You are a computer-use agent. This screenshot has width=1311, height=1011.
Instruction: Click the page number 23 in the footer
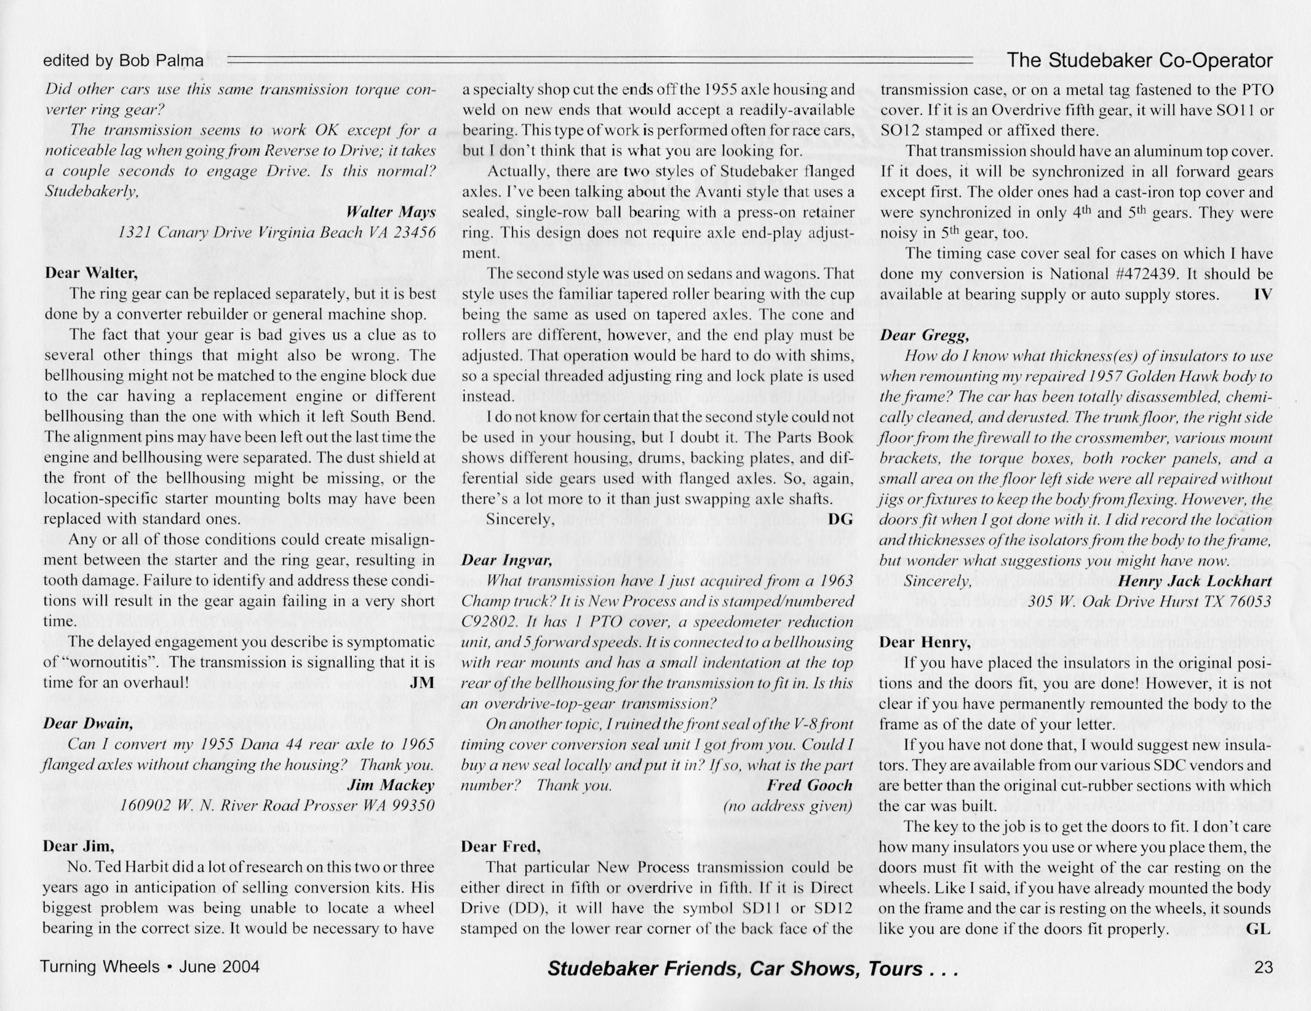[x=1262, y=967]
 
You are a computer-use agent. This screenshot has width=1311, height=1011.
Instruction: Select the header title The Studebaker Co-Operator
[x=1139, y=60]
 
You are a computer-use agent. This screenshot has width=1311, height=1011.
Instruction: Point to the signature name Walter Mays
[x=391, y=212]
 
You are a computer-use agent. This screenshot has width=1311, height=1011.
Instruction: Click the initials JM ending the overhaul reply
[x=422, y=683]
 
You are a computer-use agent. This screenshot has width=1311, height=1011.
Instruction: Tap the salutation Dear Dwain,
[x=88, y=723]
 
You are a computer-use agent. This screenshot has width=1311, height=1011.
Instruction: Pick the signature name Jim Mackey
[x=391, y=785]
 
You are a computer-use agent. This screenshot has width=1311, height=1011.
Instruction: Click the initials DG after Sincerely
[x=840, y=519]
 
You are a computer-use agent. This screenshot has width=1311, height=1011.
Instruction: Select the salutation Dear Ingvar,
[x=507, y=560]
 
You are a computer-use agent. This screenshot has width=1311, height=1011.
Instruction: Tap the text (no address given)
[x=787, y=806]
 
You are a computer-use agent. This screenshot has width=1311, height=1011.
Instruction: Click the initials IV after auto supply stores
[x=1262, y=294]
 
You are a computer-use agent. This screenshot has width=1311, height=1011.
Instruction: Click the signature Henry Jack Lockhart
[x=1194, y=581]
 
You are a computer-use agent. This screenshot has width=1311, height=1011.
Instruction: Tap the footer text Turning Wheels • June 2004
[x=150, y=967]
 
